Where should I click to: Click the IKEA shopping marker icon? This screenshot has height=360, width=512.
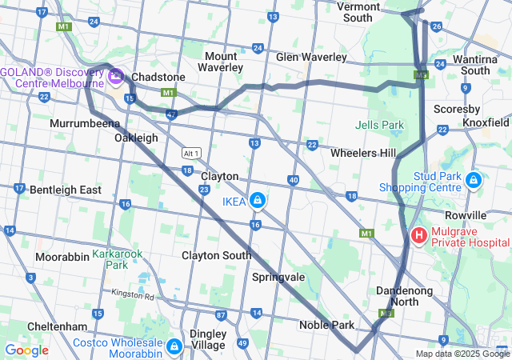(258, 200)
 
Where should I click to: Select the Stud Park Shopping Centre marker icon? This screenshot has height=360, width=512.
(474, 181)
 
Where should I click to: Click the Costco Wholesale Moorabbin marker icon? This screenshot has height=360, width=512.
(174, 346)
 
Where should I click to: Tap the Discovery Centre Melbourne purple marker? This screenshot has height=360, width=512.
(116, 77)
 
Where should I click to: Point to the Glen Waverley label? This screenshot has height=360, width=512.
(311, 58)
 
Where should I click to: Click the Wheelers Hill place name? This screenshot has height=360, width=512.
(363, 153)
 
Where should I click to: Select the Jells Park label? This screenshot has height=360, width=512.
(379, 125)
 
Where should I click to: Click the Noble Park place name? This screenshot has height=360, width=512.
(326, 325)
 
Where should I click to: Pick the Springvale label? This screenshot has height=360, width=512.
(278, 277)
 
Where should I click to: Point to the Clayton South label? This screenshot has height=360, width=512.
(216, 255)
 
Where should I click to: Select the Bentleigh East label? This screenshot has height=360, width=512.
(66, 190)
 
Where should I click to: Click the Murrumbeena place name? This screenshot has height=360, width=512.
(84, 124)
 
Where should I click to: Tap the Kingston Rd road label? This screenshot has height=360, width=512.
(133, 295)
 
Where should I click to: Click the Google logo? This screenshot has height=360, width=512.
(26, 350)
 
